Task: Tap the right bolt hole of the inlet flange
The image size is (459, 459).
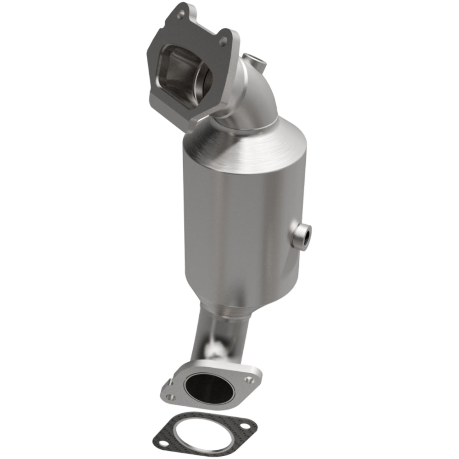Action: pyautogui.click(x=223, y=42)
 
